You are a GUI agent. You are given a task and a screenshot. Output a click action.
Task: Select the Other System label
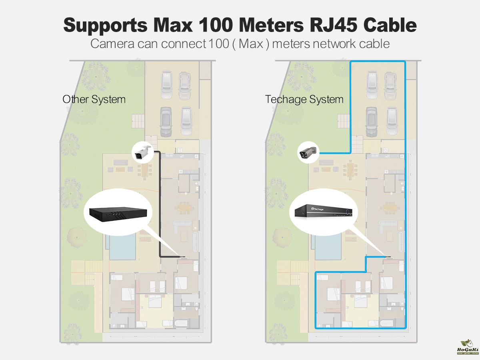click(94, 99)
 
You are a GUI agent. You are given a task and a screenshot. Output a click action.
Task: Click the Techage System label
click(304, 99)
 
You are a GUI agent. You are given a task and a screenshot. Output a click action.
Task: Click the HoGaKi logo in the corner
click(466, 347)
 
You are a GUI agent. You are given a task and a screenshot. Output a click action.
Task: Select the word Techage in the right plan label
click(284, 99)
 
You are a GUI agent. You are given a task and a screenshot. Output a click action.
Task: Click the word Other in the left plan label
click(76, 99)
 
